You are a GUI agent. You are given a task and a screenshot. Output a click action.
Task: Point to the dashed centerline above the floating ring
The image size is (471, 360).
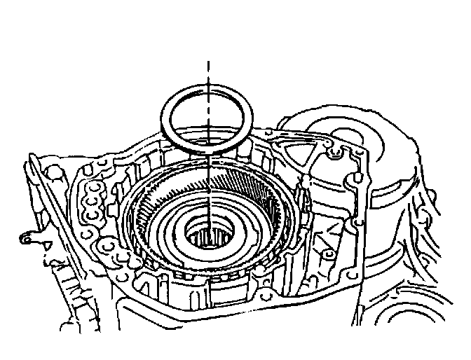tap(208, 70)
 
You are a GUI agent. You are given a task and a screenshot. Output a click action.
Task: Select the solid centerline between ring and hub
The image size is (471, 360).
tap(208, 189)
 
